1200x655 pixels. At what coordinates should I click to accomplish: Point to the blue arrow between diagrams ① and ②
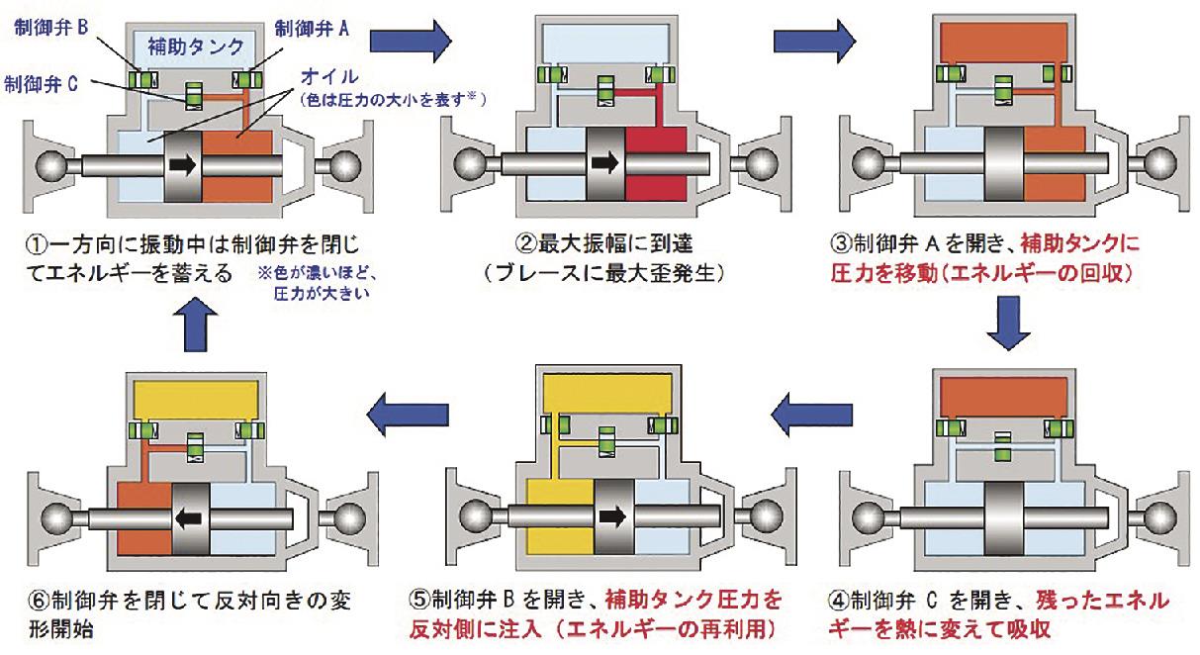click(x=411, y=40)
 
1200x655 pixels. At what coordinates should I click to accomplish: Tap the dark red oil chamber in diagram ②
click(x=656, y=163)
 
